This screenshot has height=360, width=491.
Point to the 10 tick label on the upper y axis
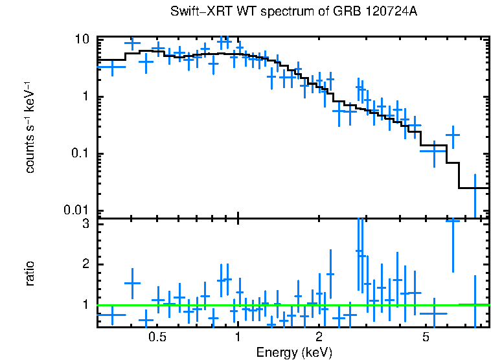[x=81, y=39]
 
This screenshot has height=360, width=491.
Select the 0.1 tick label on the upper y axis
[x=79, y=154]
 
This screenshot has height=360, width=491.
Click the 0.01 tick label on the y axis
[x=76, y=210]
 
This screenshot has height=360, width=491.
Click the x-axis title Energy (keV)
[x=294, y=352]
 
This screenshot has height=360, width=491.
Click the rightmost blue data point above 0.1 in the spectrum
[x=453, y=135]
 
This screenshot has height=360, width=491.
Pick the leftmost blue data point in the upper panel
[x=113, y=66]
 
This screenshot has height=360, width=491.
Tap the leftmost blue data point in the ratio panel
[x=113, y=315]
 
